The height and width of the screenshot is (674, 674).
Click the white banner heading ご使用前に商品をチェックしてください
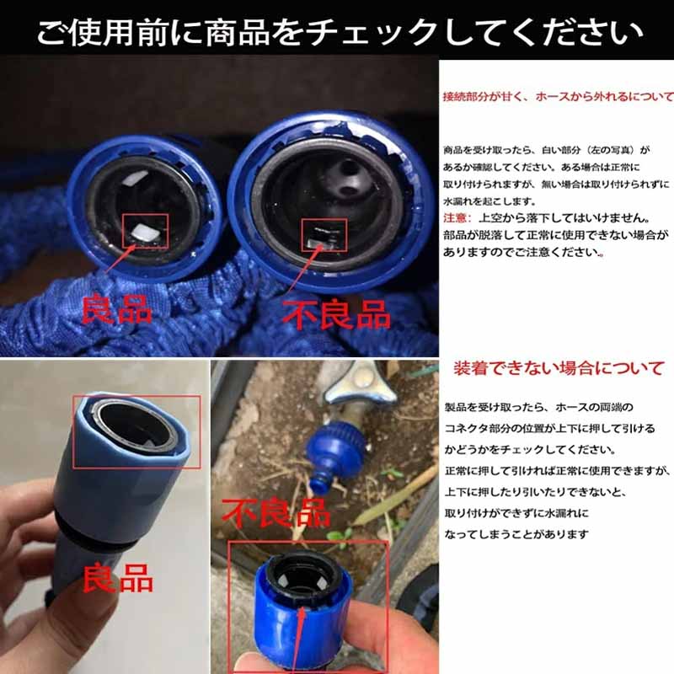[x=340, y=33]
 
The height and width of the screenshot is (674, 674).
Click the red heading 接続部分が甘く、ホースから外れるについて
[x=558, y=96]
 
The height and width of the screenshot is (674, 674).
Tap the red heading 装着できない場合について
[x=559, y=368]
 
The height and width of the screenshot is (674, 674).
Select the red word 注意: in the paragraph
[x=457, y=218]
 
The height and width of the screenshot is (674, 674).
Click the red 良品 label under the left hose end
[x=116, y=308]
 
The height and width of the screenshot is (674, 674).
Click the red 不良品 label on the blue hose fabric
[x=336, y=314]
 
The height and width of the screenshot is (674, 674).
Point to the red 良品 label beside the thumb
[x=117, y=578]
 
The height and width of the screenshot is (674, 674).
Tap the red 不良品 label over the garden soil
[x=276, y=513]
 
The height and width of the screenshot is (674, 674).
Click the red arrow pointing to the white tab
[x=119, y=259]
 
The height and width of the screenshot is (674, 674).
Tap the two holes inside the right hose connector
[x=347, y=177]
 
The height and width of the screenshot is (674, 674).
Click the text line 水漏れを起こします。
[x=490, y=201]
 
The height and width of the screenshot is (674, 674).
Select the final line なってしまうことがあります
[x=516, y=534]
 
